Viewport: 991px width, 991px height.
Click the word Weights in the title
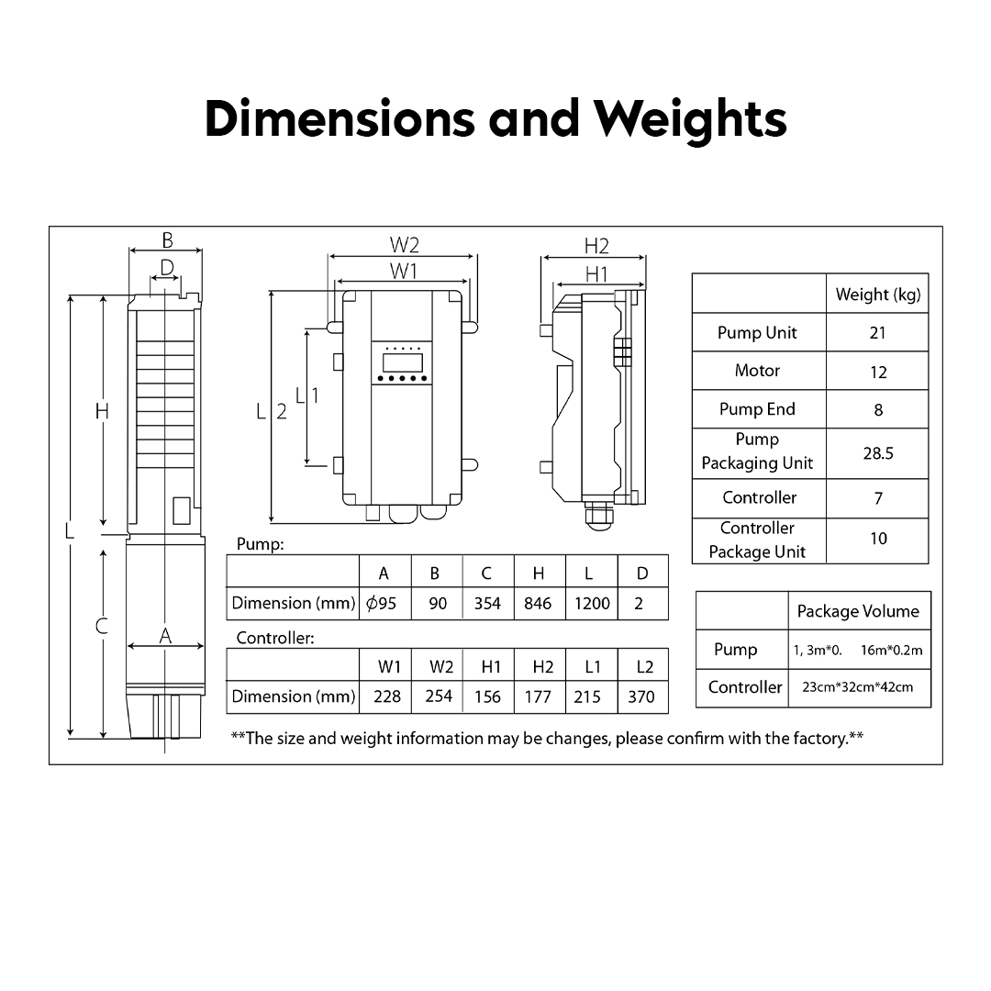coord(689,119)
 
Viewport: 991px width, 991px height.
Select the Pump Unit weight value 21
coord(877,333)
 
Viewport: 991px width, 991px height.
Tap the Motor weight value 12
coord(878,373)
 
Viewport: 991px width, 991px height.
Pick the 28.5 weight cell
coord(878,453)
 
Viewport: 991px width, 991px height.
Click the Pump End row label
coord(757,409)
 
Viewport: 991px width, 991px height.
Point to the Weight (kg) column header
coord(878,295)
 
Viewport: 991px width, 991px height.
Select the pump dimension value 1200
coord(592,604)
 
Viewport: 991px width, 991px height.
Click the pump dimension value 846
coord(538,604)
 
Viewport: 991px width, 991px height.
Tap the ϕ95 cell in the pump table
coord(381,604)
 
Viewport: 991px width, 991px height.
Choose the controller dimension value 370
coord(640,696)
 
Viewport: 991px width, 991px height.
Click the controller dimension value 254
coord(439,696)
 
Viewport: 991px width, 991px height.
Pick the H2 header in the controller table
coord(543,667)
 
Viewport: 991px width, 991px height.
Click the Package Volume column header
coord(858,611)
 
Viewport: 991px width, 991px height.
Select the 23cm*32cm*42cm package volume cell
coord(858,687)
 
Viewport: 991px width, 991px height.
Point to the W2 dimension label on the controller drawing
coord(405,245)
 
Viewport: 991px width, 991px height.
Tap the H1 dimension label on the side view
coord(596,273)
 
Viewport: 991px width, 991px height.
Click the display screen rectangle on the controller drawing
coord(403,362)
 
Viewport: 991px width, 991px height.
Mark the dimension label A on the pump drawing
coord(165,636)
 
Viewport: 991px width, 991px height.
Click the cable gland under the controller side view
coord(598,515)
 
